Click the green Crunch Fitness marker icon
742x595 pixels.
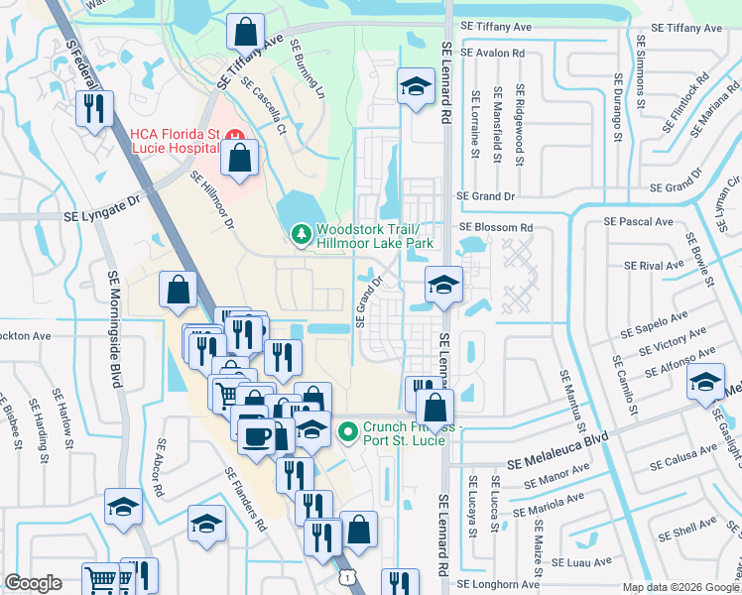tap(347, 431)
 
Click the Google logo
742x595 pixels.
tap(33, 583)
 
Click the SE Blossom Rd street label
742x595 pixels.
tap(496, 227)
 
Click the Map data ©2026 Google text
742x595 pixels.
tap(680, 586)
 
